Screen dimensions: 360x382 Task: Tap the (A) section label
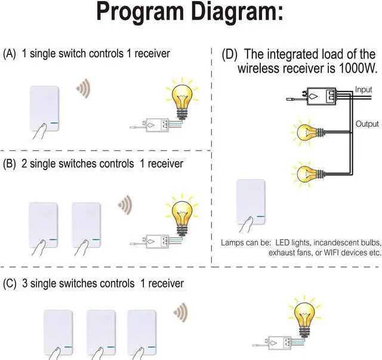[x=10, y=54]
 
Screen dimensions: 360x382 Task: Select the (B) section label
[x=10, y=163]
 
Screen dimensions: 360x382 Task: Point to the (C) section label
[x=10, y=283]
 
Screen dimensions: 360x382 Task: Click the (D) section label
[x=229, y=54]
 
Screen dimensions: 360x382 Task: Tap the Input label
[x=363, y=90]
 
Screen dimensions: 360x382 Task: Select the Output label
[x=367, y=124]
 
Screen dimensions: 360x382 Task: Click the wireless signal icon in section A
[x=84, y=89]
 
